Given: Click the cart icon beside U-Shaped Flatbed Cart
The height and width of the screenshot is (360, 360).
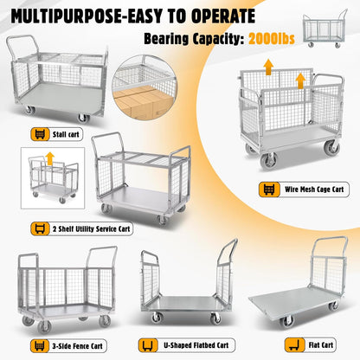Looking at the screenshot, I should point(149,343).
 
